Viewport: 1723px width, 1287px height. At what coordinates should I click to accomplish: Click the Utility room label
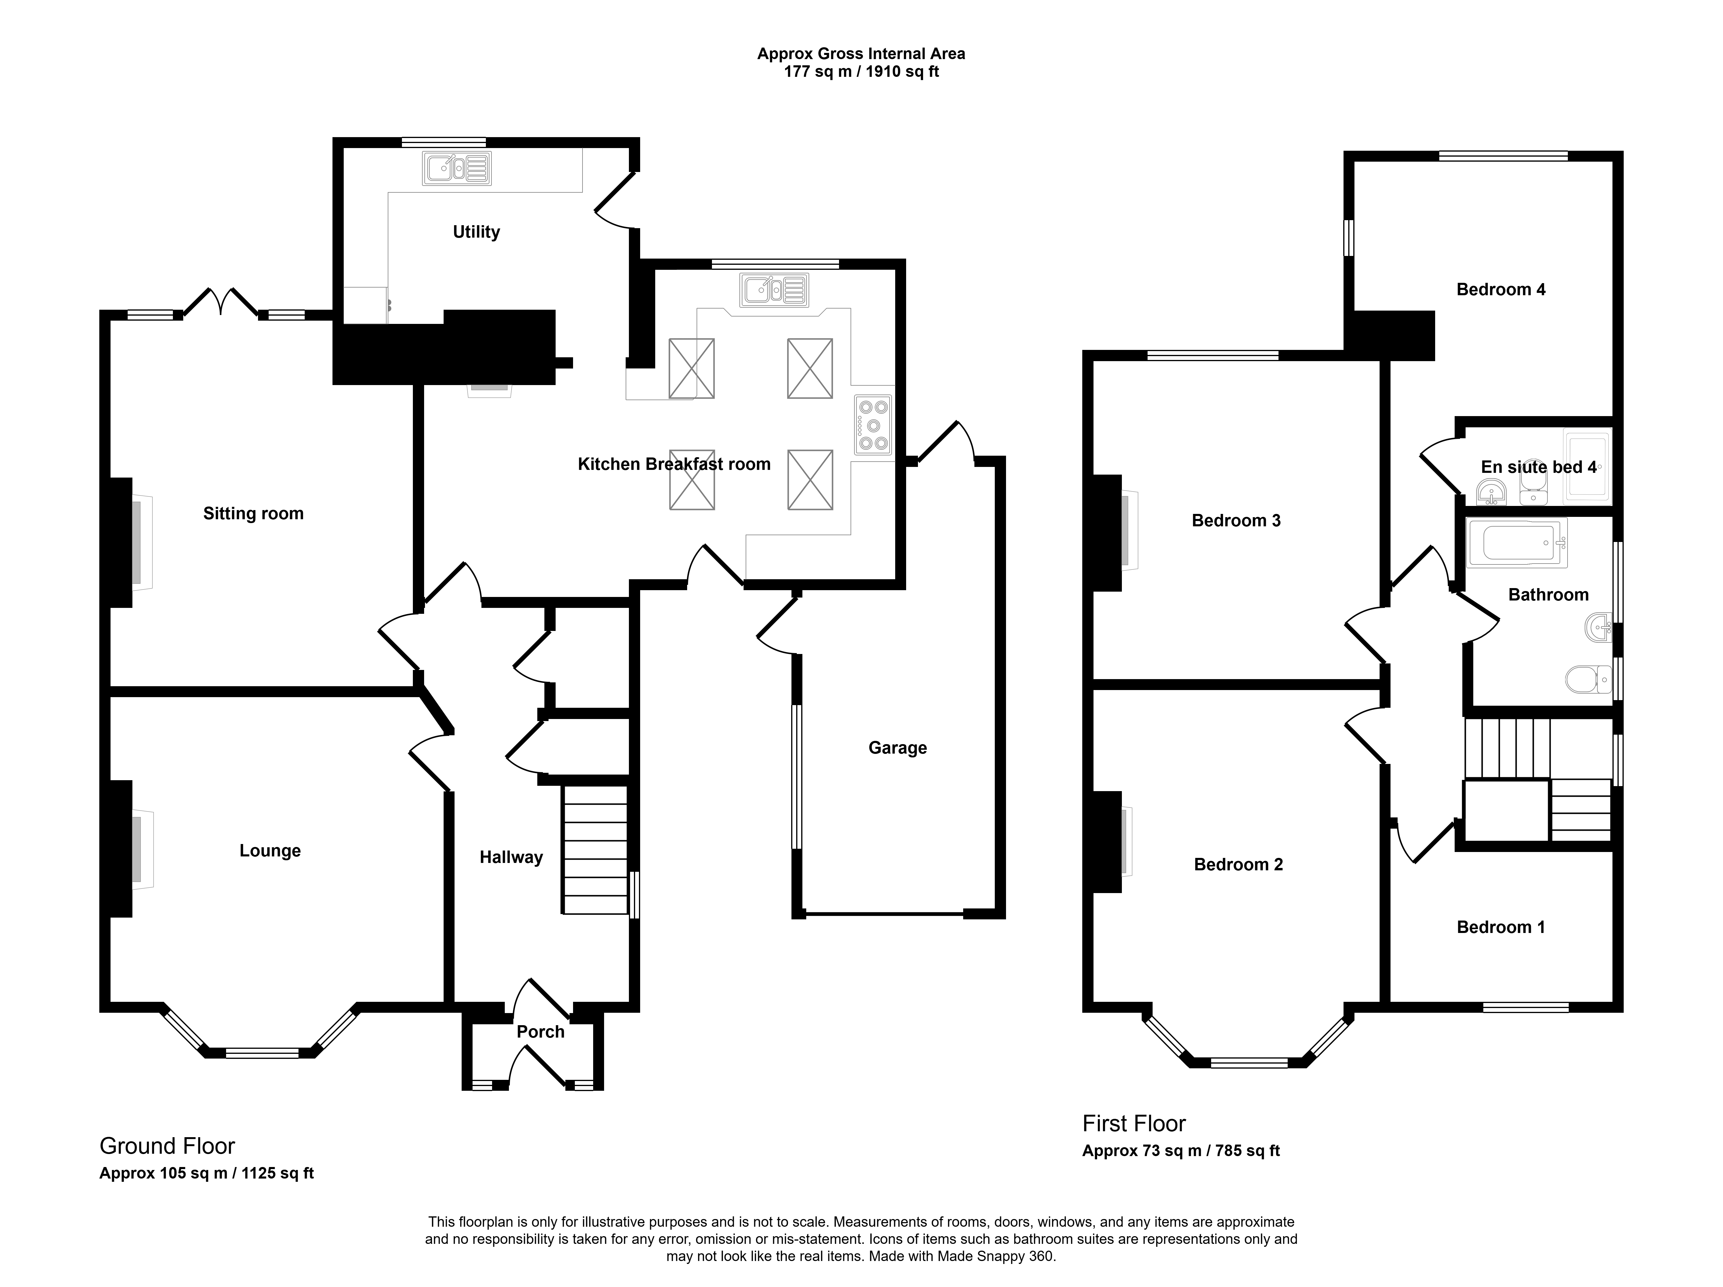[x=476, y=232]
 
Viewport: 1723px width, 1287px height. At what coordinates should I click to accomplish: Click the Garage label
[x=897, y=748]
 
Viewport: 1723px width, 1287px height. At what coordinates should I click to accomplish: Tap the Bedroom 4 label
[x=1501, y=290]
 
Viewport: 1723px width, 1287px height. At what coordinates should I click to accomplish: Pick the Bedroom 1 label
[x=1501, y=927]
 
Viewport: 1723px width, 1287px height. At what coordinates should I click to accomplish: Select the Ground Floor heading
[x=168, y=1146]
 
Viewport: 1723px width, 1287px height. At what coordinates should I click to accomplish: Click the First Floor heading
[x=1134, y=1123]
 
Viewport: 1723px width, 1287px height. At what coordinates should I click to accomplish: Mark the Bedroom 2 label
[x=1239, y=864]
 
